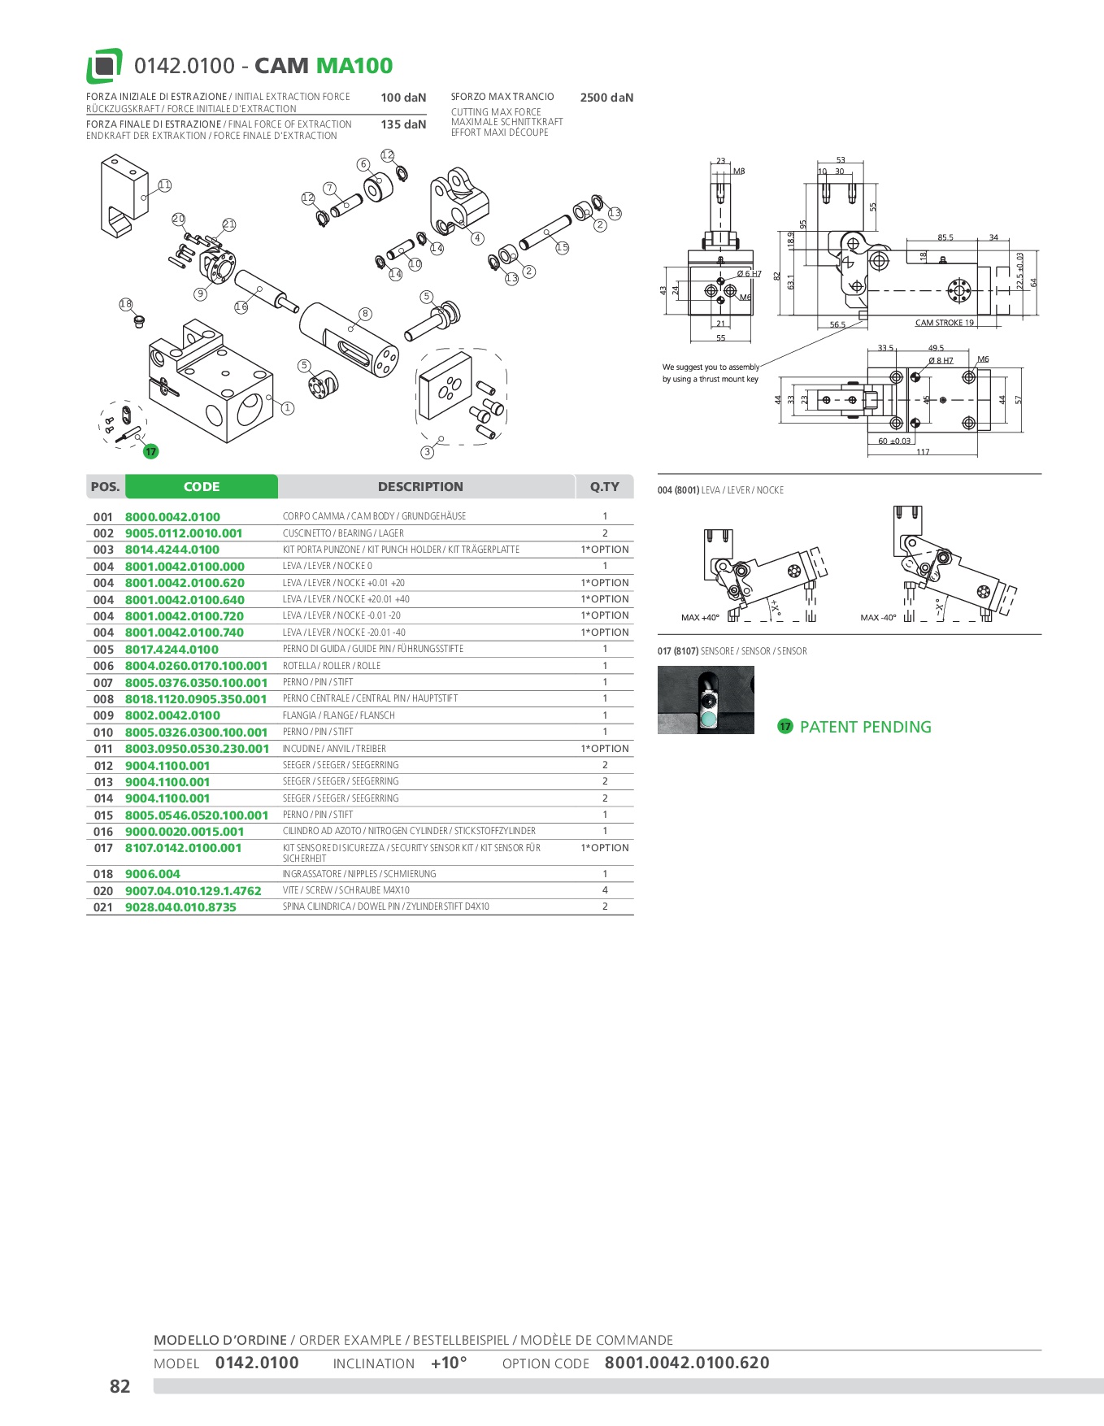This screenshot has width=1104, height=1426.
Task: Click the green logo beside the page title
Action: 104,66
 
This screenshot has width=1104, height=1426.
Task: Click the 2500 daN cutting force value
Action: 606,98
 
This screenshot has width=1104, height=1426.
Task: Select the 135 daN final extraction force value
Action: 403,124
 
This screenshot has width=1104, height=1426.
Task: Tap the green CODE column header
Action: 202,487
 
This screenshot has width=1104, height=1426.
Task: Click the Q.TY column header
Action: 604,487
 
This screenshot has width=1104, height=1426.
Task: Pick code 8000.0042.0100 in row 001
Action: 172,517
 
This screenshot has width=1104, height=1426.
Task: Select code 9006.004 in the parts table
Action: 153,874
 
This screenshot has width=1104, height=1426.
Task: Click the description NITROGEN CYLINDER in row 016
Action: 409,831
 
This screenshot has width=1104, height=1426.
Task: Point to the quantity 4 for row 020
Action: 605,890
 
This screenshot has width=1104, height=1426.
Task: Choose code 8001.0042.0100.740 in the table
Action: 185,633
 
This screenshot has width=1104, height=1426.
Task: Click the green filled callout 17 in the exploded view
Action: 150,452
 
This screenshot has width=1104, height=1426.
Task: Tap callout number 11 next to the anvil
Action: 165,185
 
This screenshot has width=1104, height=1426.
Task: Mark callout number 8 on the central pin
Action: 365,314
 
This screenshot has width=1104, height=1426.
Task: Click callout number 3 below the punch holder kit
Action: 427,452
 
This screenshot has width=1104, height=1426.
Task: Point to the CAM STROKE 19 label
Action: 944,323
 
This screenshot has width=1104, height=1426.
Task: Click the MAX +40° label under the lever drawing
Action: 700,618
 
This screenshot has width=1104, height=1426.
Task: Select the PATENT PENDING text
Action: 865,727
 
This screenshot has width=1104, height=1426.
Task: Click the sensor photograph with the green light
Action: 706,700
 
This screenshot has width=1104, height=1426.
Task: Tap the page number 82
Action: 120,1386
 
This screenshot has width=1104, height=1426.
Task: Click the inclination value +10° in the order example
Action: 449,1363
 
